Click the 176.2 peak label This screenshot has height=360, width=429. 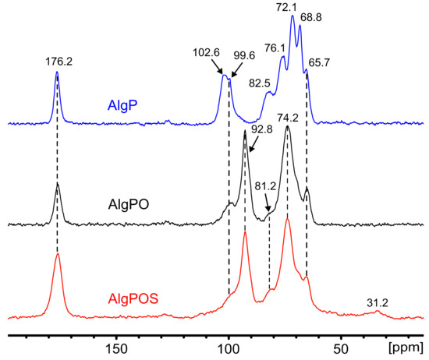58,56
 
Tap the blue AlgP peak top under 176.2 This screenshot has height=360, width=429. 58,72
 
